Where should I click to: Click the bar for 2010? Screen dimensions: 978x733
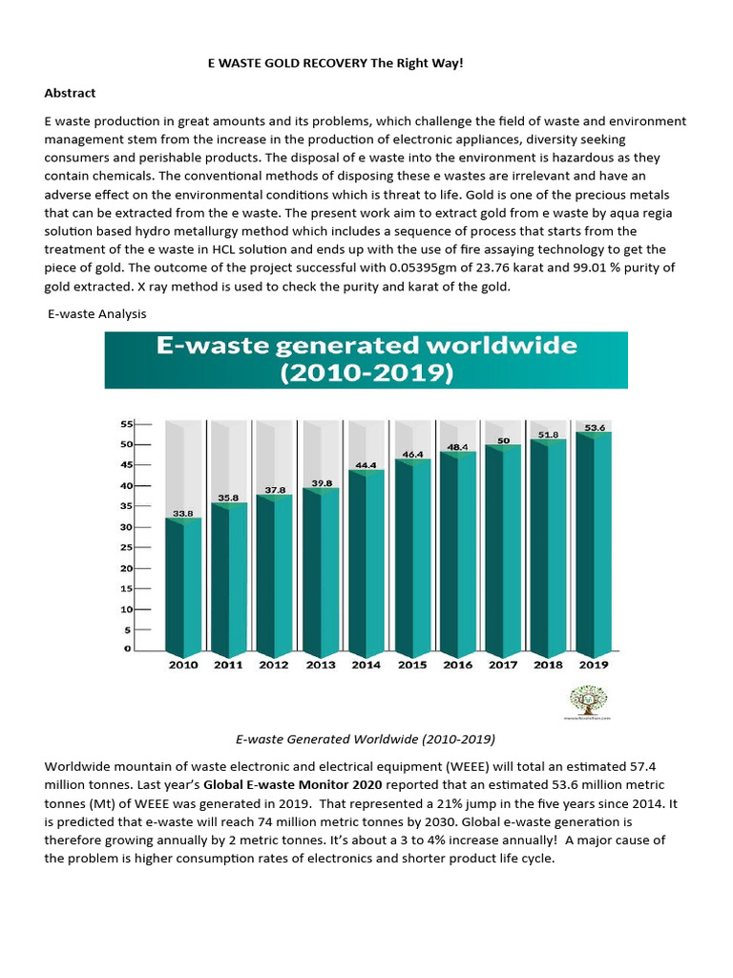(183, 585)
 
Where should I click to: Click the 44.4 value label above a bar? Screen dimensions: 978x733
(366, 465)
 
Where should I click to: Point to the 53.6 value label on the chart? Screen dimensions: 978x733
(596, 428)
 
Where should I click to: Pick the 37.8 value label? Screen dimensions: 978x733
(274, 490)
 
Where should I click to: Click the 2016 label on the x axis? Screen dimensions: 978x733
(457, 664)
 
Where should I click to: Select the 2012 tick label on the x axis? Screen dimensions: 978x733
(274, 664)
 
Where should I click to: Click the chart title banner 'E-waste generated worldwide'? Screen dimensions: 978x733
(366, 359)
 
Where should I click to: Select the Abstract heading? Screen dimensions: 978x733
(71, 94)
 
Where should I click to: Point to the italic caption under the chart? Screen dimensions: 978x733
(366, 739)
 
